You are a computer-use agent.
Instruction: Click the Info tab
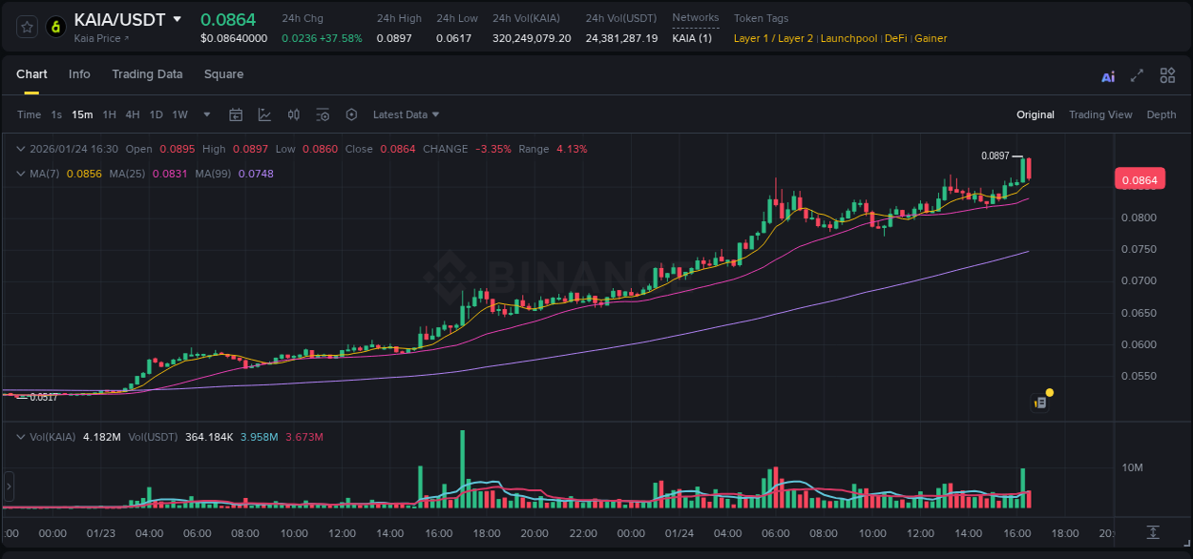(x=79, y=74)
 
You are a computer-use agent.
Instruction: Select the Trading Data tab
(x=147, y=74)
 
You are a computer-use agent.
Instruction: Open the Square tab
(x=223, y=74)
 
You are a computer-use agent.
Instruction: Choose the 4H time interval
(x=132, y=114)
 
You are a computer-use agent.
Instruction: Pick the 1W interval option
(x=179, y=114)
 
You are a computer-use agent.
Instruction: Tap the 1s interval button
(x=56, y=114)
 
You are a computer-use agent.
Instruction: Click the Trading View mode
(x=1099, y=114)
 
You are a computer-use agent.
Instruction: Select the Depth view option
(x=1161, y=114)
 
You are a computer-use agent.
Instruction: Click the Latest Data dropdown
(x=406, y=114)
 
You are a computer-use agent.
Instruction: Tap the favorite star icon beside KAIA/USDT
(x=28, y=27)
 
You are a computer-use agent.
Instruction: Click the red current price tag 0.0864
(x=1139, y=179)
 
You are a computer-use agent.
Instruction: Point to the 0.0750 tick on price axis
(x=1138, y=249)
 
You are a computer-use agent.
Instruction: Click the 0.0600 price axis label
(x=1138, y=344)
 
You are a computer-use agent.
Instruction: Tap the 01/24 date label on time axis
(x=679, y=533)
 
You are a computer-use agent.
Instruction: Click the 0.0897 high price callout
(x=994, y=155)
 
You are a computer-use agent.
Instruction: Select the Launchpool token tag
(x=849, y=38)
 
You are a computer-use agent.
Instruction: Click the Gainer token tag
(x=931, y=38)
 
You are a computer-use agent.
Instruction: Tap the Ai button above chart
(x=1107, y=77)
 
